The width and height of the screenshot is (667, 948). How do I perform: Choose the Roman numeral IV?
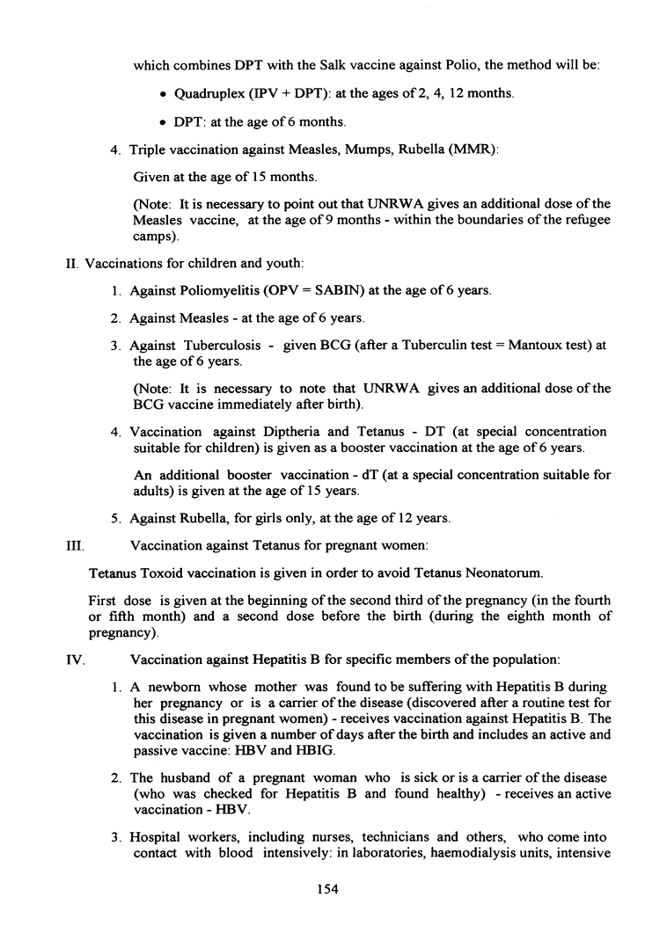click(x=74, y=658)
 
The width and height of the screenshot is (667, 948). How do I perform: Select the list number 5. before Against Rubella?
click(x=116, y=519)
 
